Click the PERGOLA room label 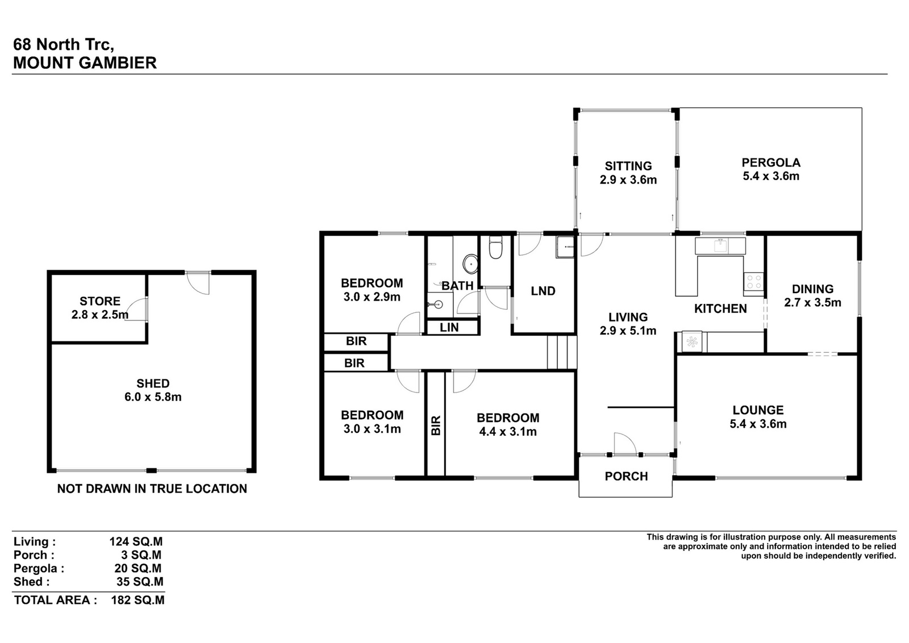[x=771, y=162]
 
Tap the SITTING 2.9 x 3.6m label [x=628, y=173]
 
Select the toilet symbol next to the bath [x=496, y=248]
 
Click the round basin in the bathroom [x=470, y=264]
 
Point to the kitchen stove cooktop [x=754, y=282]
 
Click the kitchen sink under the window [x=721, y=245]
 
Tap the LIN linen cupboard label [x=449, y=327]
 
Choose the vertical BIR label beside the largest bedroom [x=435, y=425]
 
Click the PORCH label [x=626, y=476]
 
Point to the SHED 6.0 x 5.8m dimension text [x=153, y=396]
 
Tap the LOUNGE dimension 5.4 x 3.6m [x=758, y=424]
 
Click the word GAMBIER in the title [x=118, y=63]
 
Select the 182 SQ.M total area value [x=138, y=600]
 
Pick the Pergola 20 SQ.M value [x=138, y=569]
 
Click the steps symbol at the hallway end [x=562, y=352]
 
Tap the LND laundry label [x=543, y=291]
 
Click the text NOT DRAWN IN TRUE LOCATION [x=152, y=489]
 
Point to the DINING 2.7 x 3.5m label [x=812, y=296]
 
